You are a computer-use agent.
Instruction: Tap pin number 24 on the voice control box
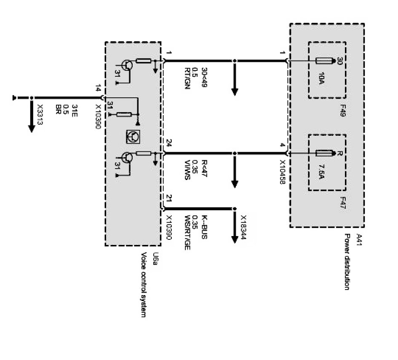coord(169,143)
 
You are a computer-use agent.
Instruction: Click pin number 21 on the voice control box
coord(169,199)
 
